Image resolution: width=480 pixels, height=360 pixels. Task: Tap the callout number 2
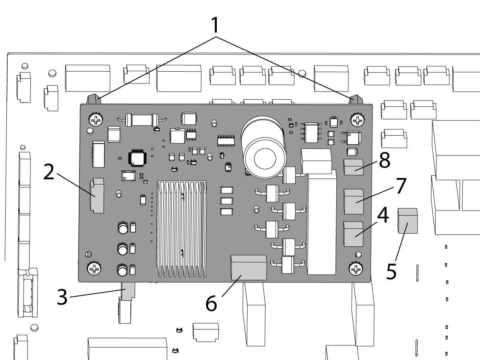[48, 172]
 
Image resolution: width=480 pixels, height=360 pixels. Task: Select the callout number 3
[62, 297]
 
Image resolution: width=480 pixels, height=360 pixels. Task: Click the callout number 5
[391, 272]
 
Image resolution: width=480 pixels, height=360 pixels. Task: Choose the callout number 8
[384, 160]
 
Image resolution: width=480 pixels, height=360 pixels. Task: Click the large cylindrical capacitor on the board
[264, 148]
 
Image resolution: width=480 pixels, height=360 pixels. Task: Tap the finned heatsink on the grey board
[182, 229]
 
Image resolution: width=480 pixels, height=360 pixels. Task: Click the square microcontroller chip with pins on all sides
[137, 157]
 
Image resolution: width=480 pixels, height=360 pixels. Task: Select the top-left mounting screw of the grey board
[96, 120]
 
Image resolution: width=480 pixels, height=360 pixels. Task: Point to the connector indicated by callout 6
[249, 268]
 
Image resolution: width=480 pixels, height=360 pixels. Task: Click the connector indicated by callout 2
[97, 196]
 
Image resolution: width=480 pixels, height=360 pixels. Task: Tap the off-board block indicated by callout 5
[408, 221]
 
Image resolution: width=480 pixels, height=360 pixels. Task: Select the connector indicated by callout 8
[354, 167]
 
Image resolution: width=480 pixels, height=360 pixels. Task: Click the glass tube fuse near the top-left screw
[142, 120]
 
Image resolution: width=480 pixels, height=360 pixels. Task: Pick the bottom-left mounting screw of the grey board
[94, 268]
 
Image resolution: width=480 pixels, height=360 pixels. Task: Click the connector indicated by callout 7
[354, 202]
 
